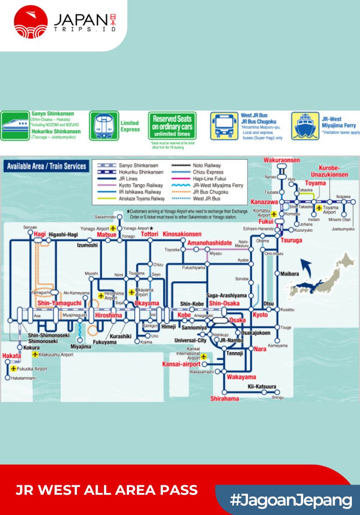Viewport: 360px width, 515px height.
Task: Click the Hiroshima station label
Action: (108, 315)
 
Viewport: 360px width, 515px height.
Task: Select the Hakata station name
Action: (11, 356)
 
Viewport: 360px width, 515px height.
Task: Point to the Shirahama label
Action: (225, 399)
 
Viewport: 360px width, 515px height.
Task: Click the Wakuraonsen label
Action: (282, 160)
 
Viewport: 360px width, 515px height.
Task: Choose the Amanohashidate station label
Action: (210, 243)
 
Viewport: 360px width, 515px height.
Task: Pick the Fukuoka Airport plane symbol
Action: (13, 369)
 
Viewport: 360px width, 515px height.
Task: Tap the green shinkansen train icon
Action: (15, 126)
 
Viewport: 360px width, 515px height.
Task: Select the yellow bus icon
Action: (224, 126)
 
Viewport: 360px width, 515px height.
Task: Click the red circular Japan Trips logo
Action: (31, 22)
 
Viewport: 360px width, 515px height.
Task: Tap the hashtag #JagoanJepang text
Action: (291, 500)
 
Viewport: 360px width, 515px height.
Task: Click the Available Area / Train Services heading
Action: (46, 166)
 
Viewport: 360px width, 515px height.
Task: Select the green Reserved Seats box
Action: (172, 125)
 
